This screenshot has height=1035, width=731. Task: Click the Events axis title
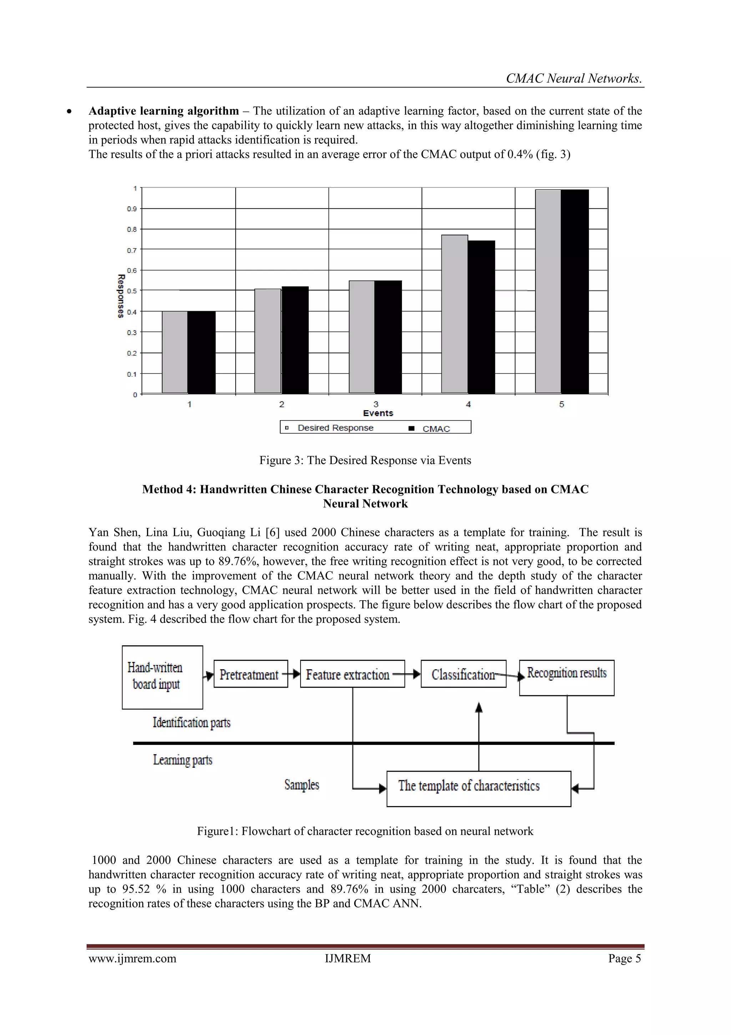378,413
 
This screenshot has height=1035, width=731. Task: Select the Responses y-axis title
121,296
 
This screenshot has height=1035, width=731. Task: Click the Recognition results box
566,677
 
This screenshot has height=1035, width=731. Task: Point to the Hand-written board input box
162,677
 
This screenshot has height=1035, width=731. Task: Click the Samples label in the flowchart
301,785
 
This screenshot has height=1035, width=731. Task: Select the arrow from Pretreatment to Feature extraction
294,674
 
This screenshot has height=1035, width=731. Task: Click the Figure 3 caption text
365,460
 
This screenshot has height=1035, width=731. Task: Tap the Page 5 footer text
624,959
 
